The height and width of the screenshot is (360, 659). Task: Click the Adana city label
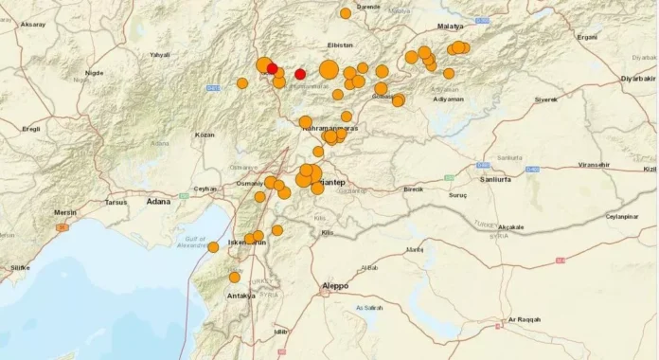coord(160,201)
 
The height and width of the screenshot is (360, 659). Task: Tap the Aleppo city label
coord(334,285)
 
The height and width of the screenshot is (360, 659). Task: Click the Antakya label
coord(241,296)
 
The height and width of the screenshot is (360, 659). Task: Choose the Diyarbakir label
coord(636,78)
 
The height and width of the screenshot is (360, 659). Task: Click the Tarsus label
coord(116,202)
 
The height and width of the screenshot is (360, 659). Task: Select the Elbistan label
coord(339,45)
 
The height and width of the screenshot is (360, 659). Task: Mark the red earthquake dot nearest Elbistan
coord(300,74)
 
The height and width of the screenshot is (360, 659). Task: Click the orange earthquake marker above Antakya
coord(235,277)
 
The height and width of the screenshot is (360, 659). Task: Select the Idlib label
coord(279,332)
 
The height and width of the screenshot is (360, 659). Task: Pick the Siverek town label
coord(546,99)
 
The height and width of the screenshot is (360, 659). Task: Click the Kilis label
coord(328,232)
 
